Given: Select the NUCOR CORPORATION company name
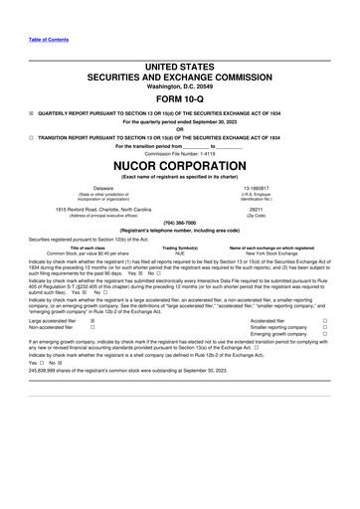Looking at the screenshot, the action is pyautogui.click(x=179, y=165).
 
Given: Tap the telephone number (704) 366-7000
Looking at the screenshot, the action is pyautogui.click(x=179, y=223).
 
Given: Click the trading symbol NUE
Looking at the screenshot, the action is pyautogui.click(x=180, y=254).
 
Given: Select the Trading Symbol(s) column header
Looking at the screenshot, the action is pyautogui.click(x=180, y=248).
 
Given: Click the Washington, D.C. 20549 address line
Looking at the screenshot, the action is pyautogui.click(x=179, y=85).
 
